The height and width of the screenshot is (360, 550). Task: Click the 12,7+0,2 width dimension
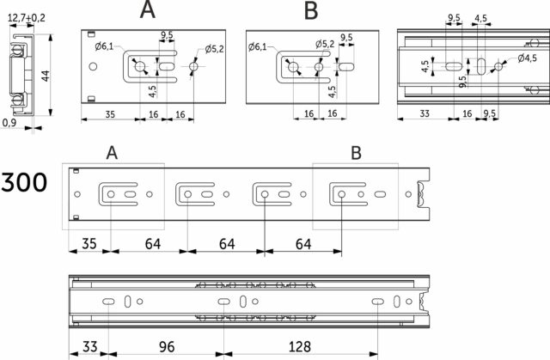27,16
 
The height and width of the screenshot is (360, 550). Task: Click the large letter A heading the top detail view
148,11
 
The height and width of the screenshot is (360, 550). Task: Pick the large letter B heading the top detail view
310,11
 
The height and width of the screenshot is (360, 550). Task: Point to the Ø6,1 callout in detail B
255,47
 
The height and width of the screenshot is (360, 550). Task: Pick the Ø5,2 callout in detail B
325,43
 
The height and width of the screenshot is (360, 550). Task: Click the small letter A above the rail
110,153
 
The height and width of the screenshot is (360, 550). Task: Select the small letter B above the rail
356,153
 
